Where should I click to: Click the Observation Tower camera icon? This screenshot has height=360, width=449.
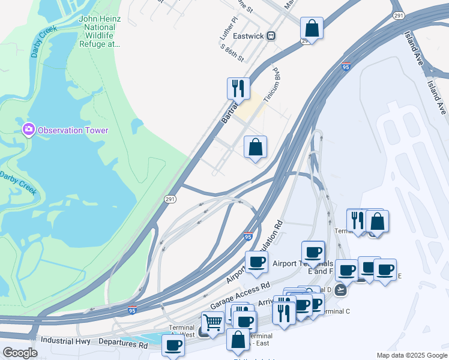click(28, 130)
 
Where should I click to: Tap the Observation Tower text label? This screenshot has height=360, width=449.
click(73, 130)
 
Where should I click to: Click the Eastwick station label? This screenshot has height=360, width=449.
click(249, 36)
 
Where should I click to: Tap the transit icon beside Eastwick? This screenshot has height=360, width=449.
click(271, 36)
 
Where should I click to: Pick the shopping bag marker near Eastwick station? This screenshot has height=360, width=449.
click(312, 29)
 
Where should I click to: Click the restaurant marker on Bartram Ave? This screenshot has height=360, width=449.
click(238, 89)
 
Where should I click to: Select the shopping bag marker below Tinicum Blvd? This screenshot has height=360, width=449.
click(255, 147)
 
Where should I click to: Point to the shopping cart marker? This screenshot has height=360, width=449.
click(212, 323)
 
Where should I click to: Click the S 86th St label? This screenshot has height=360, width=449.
click(232, 53)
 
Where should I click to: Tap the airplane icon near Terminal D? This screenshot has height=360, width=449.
click(341, 290)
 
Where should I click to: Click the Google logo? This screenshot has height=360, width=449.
click(20, 353)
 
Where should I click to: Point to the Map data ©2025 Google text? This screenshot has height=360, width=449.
click(412, 355)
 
